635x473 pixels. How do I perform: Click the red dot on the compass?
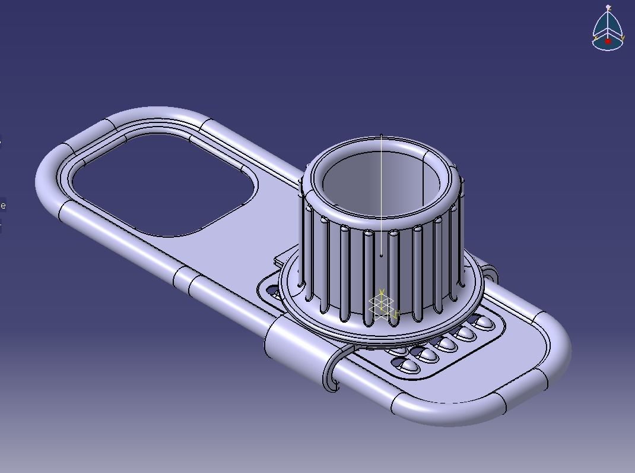click(608, 41)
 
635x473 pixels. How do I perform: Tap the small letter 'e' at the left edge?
click(3, 206)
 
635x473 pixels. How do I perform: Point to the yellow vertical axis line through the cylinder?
click(381, 196)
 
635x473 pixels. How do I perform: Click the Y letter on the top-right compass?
click(623, 38)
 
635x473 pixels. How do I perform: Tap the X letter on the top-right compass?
click(595, 38)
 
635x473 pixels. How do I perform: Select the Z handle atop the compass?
click(608, 8)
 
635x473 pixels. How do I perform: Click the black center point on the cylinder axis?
click(381, 256)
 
